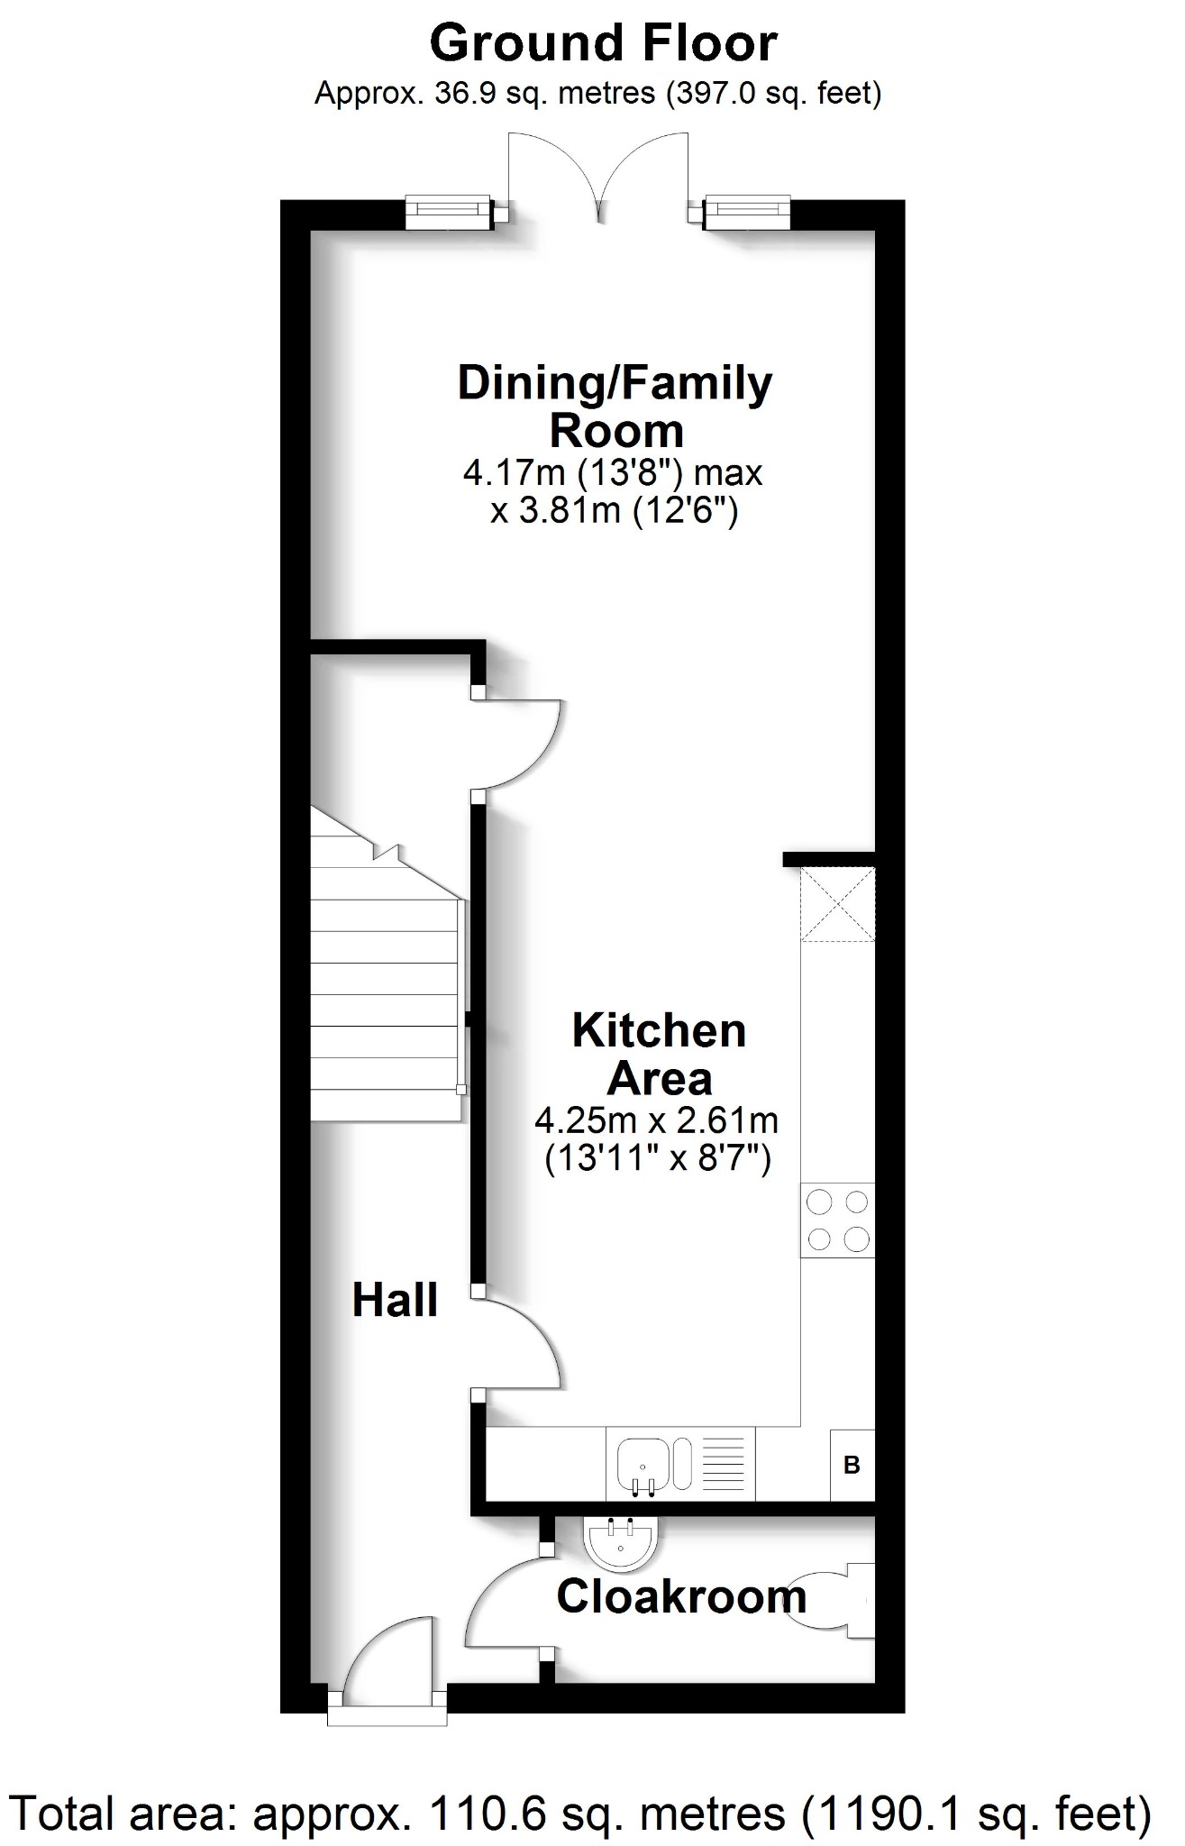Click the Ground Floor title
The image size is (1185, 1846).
(603, 43)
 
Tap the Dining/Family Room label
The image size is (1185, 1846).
(615, 407)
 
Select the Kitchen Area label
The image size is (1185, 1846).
(659, 1054)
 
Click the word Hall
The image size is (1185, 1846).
(395, 1301)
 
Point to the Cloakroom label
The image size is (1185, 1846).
(680, 1598)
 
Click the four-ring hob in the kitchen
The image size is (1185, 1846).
(837, 1220)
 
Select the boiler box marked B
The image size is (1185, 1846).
(852, 1465)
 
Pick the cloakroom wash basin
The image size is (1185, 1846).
(621, 1540)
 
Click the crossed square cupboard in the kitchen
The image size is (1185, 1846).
(837, 903)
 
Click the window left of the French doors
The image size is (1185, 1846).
(449, 212)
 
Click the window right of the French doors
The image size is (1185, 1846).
(747, 212)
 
